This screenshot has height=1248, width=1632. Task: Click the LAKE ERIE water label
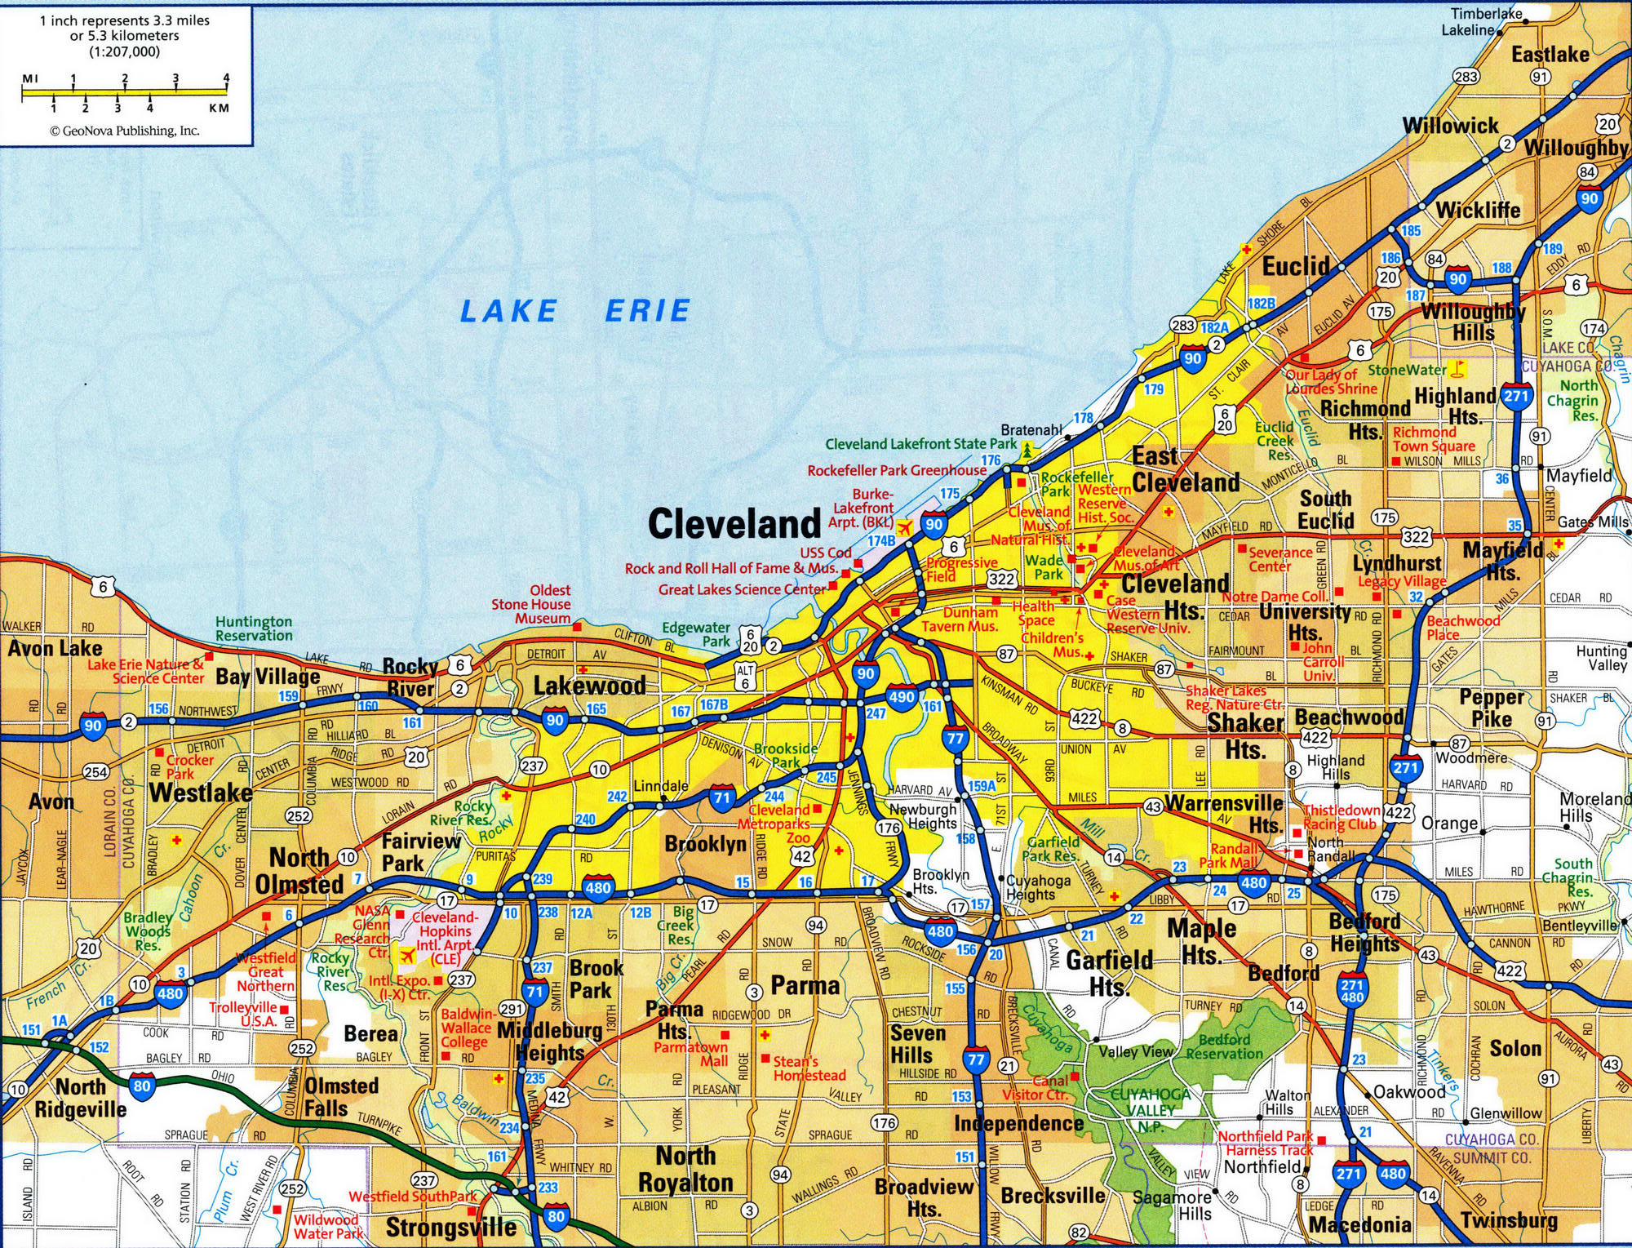pyautogui.click(x=575, y=311)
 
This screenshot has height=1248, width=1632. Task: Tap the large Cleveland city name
pyautogui.click(x=734, y=524)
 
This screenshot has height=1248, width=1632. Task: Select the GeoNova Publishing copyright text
pyautogui.click(x=124, y=131)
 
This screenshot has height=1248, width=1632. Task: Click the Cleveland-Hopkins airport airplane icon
pyautogui.click(x=406, y=955)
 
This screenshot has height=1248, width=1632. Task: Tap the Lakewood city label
pyautogui.click(x=589, y=685)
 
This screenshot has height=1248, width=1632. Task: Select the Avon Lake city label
pyautogui.click(x=55, y=649)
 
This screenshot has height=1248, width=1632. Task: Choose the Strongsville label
pyautogui.click(x=450, y=1227)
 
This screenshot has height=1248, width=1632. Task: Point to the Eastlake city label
pyautogui.click(x=1550, y=55)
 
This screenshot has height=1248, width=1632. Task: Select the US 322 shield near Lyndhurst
pyautogui.click(x=1416, y=536)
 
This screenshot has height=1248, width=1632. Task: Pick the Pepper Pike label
pyautogui.click(x=1492, y=708)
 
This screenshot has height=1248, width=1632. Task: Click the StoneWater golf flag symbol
pyautogui.click(x=1459, y=369)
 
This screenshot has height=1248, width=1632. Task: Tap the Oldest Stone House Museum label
pyautogui.click(x=530, y=604)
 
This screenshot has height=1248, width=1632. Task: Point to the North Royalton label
pyautogui.click(x=685, y=1169)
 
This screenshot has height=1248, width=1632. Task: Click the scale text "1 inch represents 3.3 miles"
pyautogui.click(x=124, y=21)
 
